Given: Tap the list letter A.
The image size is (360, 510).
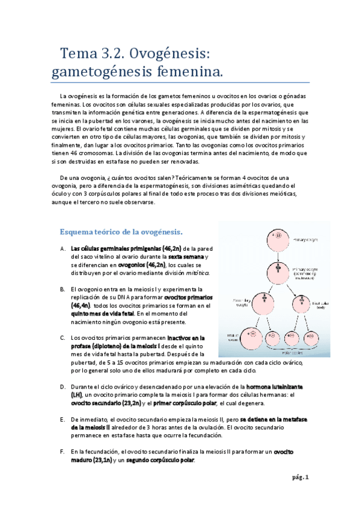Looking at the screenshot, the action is click(x=63, y=248).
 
